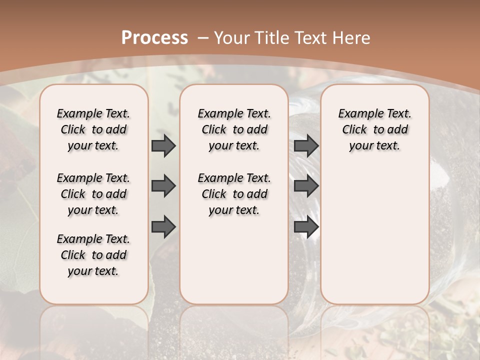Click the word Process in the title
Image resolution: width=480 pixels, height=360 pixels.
pos(154,38)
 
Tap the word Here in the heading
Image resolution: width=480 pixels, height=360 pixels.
pos(352,38)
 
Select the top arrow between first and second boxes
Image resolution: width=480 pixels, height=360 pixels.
pos(163,146)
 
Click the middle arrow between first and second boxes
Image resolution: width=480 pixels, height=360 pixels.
pos(163,186)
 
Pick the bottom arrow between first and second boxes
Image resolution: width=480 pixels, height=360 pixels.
pos(163,226)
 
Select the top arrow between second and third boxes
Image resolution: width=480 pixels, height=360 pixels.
pos(306,146)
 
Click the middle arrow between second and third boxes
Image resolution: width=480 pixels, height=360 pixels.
pos(306,186)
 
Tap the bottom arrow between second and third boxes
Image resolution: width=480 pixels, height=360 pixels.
pos(306,226)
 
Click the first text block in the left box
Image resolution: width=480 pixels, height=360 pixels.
pos(93,129)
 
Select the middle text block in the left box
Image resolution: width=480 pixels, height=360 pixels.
pos(93,194)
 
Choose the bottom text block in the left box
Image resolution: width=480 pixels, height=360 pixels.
pos(93,255)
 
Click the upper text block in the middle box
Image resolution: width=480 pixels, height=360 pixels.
pos(234,129)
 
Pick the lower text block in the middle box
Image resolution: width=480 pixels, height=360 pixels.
pos(234,194)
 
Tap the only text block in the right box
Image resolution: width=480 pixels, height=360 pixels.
pos(374,129)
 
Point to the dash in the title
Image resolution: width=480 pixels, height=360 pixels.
pos(203,38)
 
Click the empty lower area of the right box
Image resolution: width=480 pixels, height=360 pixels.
pos(374,235)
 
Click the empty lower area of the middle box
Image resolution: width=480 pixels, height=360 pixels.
pos(234,260)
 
